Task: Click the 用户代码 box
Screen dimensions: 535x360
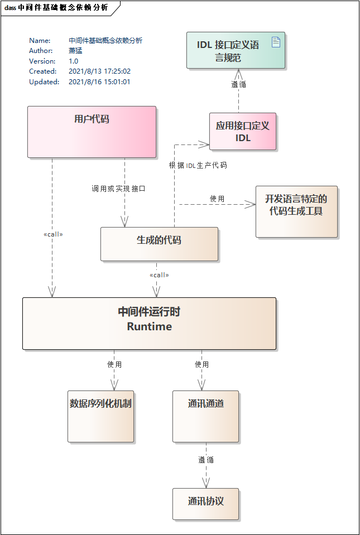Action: tap(92, 132)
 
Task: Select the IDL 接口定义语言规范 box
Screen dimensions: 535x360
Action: tap(235, 51)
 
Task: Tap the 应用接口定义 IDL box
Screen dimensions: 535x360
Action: tap(243, 132)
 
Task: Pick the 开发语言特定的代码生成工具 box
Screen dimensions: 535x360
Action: tap(296, 211)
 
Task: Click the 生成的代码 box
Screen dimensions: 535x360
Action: tap(159, 244)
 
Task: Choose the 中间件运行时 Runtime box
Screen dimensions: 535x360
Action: tap(149, 324)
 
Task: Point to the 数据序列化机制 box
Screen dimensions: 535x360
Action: tap(100, 416)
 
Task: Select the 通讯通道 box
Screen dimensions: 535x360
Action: tap(205, 416)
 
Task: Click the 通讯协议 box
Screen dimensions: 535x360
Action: tap(205, 504)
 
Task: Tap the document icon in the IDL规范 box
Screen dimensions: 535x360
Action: tap(276, 41)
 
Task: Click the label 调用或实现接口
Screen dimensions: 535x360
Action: tap(118, 189)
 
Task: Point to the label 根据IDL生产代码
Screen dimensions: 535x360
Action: tap(198, 165)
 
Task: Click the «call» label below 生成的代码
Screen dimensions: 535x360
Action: tap(159, 275)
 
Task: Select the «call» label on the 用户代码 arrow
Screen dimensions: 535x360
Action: tap(53, 234)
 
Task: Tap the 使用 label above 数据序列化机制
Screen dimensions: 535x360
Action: tap(114, 364)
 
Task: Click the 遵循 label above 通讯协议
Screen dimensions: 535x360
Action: tap(206, 460)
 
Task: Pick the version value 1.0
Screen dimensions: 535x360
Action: tap(74, 61)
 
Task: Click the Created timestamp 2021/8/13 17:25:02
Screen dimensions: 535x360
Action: tap(99, 71)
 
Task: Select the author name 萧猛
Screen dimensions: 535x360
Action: tap(75, 51)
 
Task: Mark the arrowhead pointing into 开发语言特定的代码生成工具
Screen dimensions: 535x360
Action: tap(251, 204)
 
